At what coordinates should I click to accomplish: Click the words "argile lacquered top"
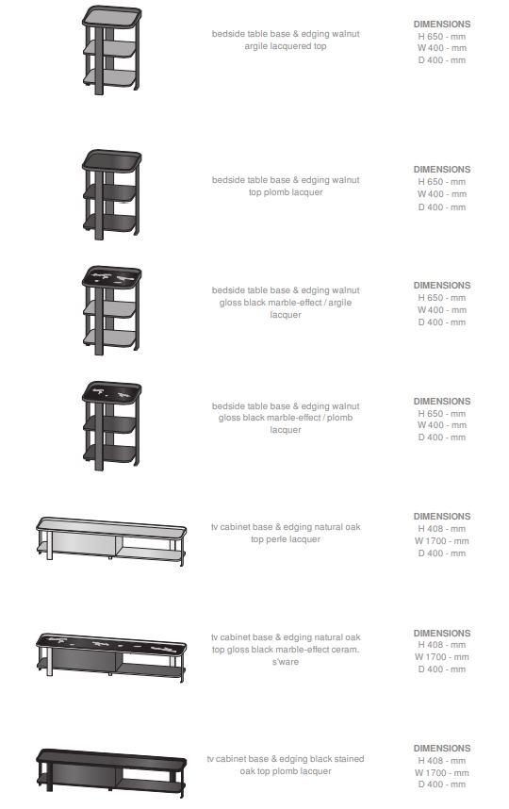[x=286, y=46]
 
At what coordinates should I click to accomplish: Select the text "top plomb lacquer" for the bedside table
[x=286, y=192]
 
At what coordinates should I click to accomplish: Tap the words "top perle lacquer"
[x=286, y=539]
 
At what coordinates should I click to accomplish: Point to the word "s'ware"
[x=286, y=662]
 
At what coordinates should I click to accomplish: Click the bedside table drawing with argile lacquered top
[x=111, y=50]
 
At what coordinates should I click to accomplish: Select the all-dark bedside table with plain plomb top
[x=111, y=194]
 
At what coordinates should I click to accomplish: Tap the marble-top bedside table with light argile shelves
[x=111, y=310]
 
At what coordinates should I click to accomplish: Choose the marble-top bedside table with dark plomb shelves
[x=111, y=426]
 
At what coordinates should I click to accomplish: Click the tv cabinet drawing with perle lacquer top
[x=111, y=540]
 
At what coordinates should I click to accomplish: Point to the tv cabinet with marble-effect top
[x=111, y=656]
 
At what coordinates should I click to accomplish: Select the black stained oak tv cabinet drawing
[x=111, y=773]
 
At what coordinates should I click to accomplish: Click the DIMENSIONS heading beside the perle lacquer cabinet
[x=442, y=516]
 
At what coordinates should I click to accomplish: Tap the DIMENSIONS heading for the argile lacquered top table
[x=442, y=24]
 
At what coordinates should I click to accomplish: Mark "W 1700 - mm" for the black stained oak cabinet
[x=442, y=772]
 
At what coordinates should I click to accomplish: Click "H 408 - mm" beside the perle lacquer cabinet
[x=442, y=528]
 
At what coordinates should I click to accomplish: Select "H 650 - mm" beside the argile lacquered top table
[x=442, y=36]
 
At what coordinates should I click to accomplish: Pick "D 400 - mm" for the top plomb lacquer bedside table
[x=442, y=206]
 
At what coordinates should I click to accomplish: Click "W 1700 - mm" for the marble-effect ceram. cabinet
[x=442, y=657]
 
